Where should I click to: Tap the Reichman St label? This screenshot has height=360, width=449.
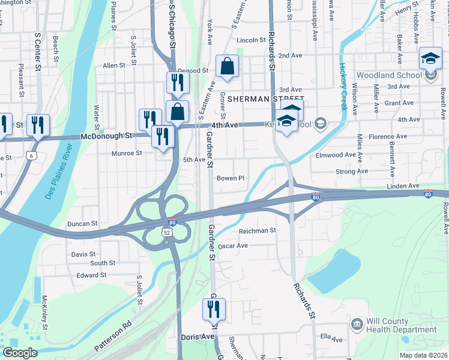(x=257, y=230)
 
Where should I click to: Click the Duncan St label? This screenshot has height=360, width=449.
(x=82, y=223)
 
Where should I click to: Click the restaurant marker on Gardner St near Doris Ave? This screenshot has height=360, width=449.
(x=214, y=310)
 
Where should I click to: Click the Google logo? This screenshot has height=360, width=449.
(x=20, y=352)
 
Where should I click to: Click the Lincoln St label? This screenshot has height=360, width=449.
(x=251, y=40)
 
